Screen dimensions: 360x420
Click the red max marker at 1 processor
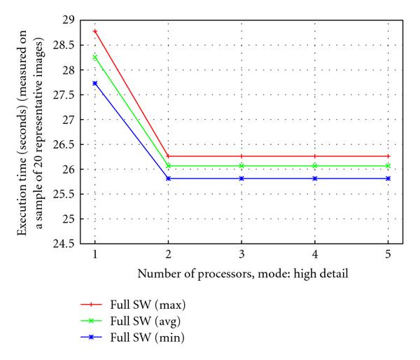[95, 32]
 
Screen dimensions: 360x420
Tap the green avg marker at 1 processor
[95, 57]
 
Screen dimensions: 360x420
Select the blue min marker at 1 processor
[95, 83]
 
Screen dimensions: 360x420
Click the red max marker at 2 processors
[169, 156]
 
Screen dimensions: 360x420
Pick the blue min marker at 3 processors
[242, 179]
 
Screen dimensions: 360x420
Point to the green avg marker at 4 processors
[315, 165]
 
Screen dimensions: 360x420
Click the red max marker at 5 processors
[388, 156]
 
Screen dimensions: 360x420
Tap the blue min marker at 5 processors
[388, 179]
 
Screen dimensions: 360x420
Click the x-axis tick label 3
[242, 256]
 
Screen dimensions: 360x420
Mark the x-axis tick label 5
[388, 256]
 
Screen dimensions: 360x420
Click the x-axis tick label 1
[95, 256]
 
